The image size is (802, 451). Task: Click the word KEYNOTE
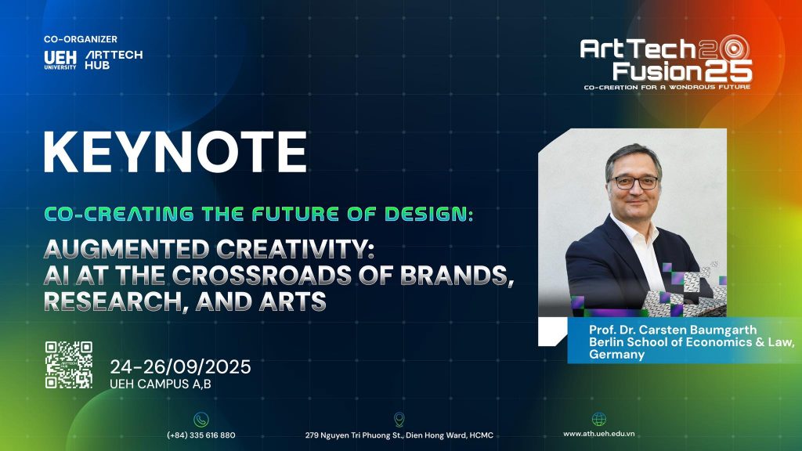tap(175, 153)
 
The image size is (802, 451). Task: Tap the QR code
tap(69, 365)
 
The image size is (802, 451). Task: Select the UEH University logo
tap(60, 60)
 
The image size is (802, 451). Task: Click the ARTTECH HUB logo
tap(114, 60)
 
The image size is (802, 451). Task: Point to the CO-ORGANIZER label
tap(81, 39)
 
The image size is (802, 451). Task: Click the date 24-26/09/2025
tap(181, 366)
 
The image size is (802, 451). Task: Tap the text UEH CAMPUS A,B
tap(161, 384)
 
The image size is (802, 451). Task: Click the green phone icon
tap(201, 420)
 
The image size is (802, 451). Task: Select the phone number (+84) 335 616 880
tap(201, 435)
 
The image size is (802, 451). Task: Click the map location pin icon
tap(399, 420)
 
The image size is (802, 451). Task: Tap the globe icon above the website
tap(599, 420)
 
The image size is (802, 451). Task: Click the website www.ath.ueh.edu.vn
tap(599, 434)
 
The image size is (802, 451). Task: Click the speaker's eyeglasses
tap(634, 182)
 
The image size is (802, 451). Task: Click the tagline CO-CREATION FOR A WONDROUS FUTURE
tap(667, 87)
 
